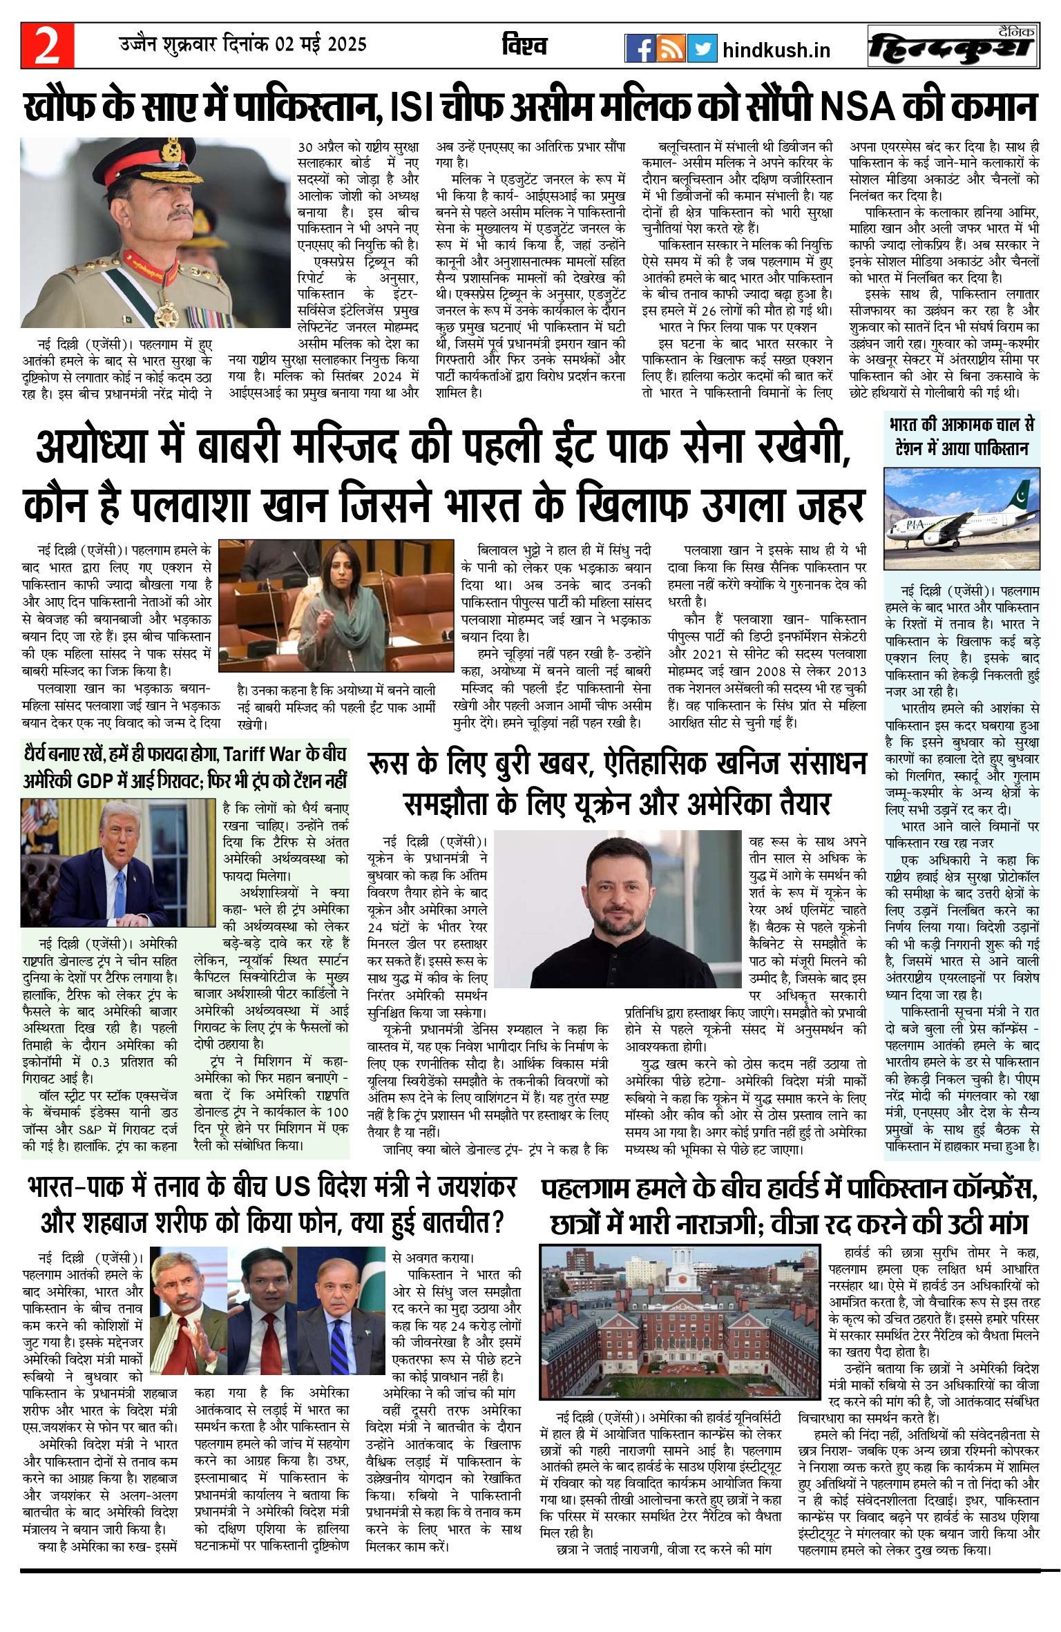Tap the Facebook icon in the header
pyautogui.click(x=640, y=48)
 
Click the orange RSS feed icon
pyautogui.click(x=671, y=48)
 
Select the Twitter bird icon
pyautogui.click(x=702, y=48)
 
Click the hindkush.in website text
pyautogui.click(x=776, y=50)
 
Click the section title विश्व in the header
pyautogui.click(x=525, y=46)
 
